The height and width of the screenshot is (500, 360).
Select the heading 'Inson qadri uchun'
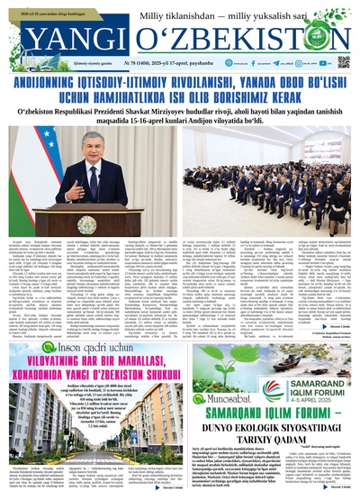[89, 323]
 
